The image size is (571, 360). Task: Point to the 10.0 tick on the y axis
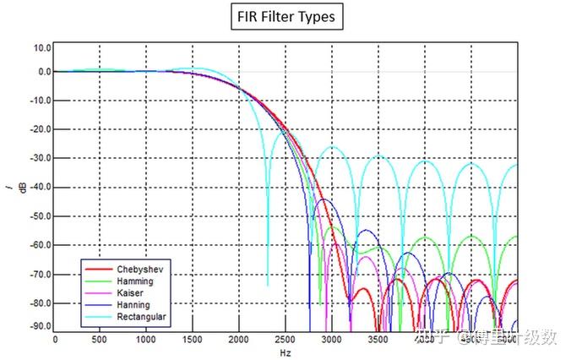click(x=40, y=48)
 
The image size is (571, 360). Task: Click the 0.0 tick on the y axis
click(x=41, y=72)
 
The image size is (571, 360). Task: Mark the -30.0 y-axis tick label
click(x=38, y=158)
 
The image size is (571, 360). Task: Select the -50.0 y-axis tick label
click(x=38, y=216)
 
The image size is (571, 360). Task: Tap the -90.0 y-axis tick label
click(x=38, y=326)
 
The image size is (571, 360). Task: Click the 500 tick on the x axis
click(x=101, y=341)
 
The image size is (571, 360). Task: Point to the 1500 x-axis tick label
click(x=192, y=341)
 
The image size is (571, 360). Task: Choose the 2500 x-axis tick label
click(x=285, y=341)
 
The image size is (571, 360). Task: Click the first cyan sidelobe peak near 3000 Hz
click(x=335, y=147)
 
